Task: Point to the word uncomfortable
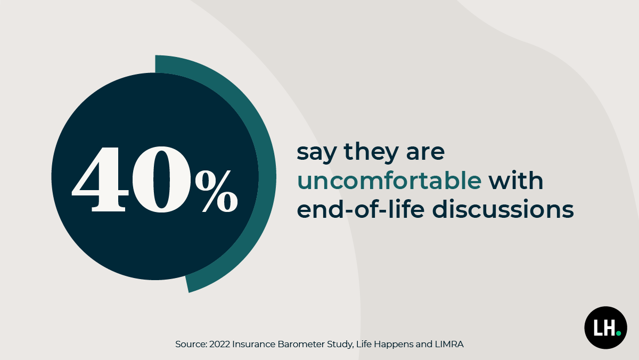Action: tap(389, 181)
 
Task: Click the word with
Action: tap(517, 181)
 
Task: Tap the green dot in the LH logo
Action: tap(618, 333)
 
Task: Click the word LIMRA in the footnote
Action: tap(449, 345)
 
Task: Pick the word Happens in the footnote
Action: tap(396, 345)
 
